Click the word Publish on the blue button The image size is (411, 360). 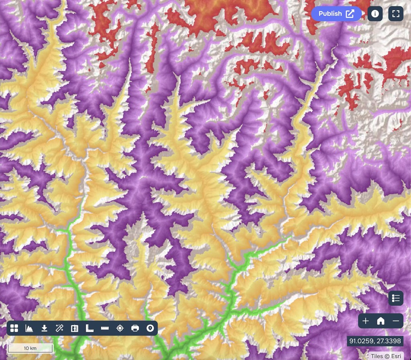click(x=330, y=14)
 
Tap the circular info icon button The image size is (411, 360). click(x=375, y=14)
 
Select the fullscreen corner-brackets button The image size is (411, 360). click(x=396, y=14)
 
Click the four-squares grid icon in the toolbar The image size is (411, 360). click(x=14, y=328)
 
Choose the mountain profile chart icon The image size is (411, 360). click(x=29, y=328)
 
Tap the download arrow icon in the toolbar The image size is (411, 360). click(x=45, y=328)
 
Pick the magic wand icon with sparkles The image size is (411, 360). click(x=59, y=328)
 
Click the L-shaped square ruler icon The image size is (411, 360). click(x=90, y=328)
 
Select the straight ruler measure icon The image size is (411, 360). click(x=105, y=328)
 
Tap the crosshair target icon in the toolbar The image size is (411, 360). click(x=120, y=328)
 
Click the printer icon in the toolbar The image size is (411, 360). click(x=135, y=328)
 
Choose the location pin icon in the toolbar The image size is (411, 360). click(x=150, y=328)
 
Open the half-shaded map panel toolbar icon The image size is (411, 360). click(x=74, y=328)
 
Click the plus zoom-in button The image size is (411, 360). click(x=366, y=321)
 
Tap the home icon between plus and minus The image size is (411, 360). click(x=380, y=321)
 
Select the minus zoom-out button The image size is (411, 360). click(x=396, y=321)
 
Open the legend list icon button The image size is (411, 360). click(x=396, y=298)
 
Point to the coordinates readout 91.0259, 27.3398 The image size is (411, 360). click(x=375, y=341)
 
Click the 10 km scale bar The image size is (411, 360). click(x=31, y=348)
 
